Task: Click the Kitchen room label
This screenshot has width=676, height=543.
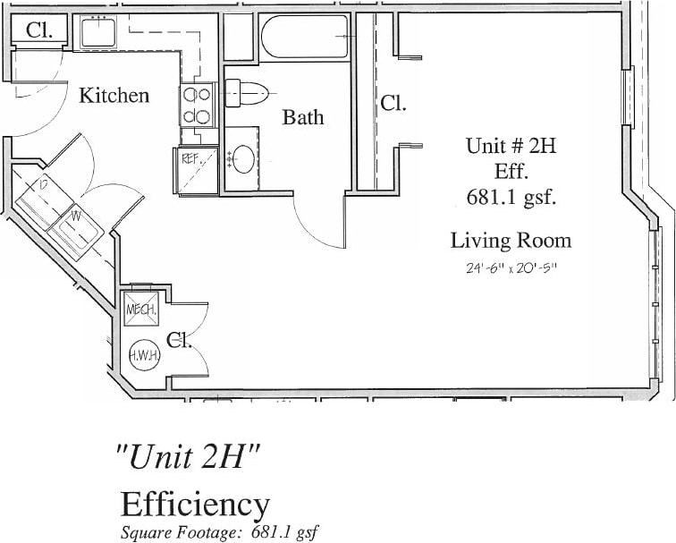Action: point(114,95)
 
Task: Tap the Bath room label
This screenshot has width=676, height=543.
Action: point(303,117)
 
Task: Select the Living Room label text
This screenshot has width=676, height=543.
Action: point(511,240)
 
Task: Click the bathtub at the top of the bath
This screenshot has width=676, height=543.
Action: point(306,38)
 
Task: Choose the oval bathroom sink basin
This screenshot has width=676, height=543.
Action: point(242,159)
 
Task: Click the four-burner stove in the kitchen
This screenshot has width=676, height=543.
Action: point(198,105)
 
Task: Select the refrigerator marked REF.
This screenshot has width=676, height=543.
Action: point(196,168)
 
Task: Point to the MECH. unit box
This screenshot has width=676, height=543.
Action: point(141,310)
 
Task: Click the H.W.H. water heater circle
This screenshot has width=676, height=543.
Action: point(145,355)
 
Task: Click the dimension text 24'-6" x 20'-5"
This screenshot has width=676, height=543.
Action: point(511,267)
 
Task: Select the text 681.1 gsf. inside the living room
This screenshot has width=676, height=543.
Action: point(511,198)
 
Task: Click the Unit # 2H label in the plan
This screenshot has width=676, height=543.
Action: point(511,146)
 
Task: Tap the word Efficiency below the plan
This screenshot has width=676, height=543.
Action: point(195,505)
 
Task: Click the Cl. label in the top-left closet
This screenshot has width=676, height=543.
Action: point(38,30)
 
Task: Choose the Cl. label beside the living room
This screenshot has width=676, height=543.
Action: point(393,103)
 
